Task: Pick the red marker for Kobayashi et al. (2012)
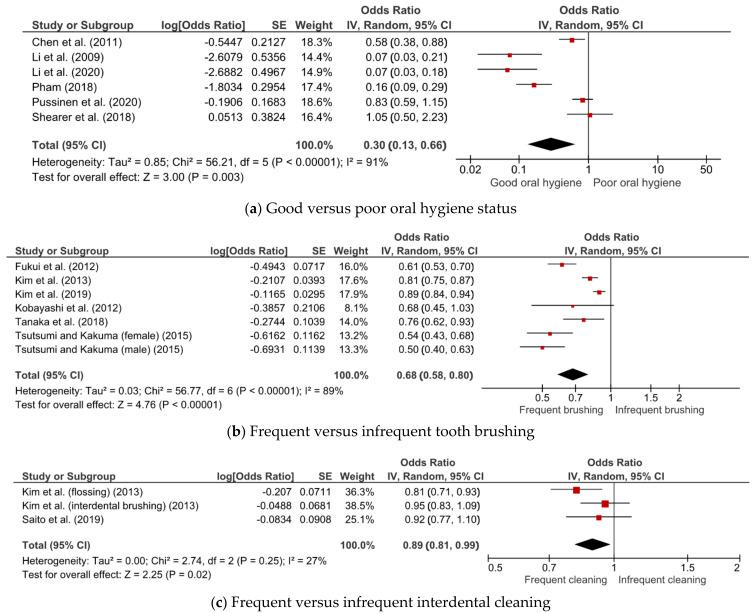click(573, 310)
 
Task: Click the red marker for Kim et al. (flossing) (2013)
click(576, 490)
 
